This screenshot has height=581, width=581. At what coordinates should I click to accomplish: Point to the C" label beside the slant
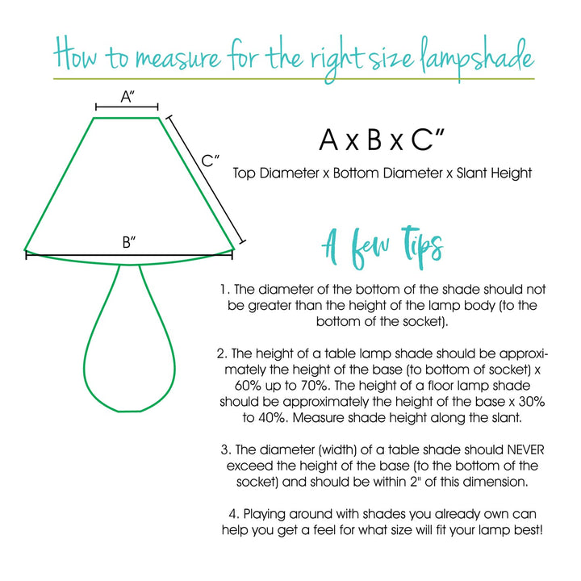pos(211,161)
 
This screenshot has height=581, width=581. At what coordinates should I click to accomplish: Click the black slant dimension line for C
pos(203,181)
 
